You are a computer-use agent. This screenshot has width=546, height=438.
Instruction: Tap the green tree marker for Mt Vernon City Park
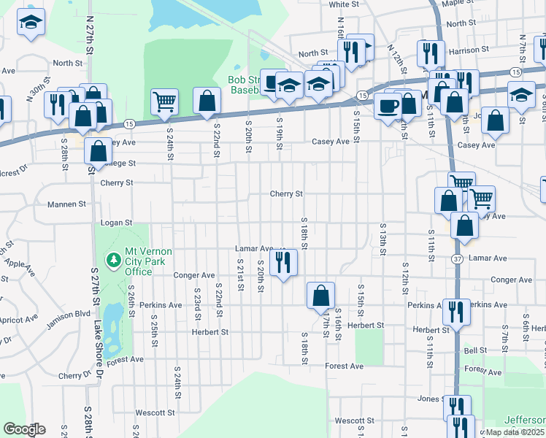coord(113,260)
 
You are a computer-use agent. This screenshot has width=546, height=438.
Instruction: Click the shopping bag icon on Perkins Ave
coord(320,295)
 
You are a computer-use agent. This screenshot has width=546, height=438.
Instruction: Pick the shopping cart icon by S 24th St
coord(165,101)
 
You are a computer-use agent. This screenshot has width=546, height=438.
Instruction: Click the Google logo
coord(24,429)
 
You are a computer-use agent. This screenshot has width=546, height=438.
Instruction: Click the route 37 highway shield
coord(457,259)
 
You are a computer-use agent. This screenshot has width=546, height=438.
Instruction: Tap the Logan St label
coord(117,222)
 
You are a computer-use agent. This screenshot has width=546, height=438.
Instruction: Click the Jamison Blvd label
coord(71,313)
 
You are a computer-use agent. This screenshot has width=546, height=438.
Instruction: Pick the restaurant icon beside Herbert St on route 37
coord(457,311)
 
